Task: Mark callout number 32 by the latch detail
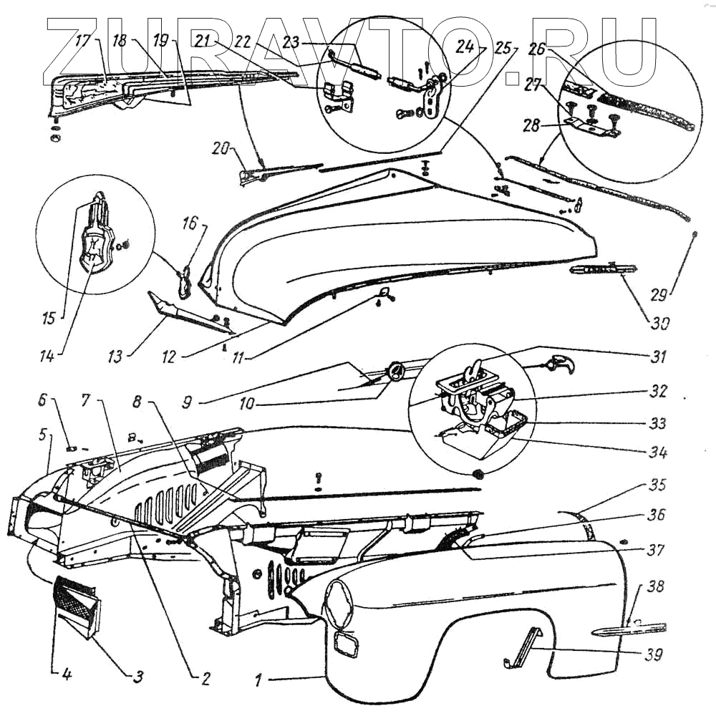(658, 392)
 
